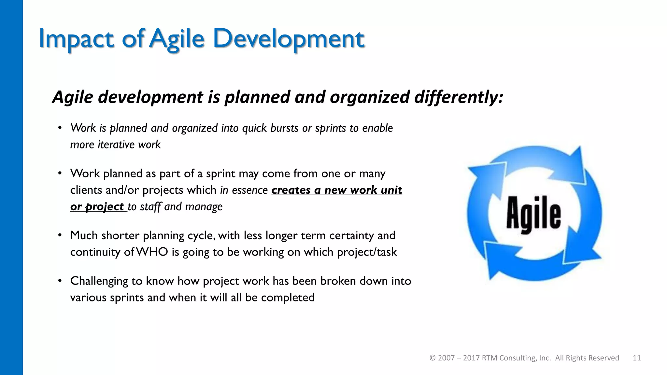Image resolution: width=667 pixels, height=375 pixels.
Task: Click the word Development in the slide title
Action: point(289,39)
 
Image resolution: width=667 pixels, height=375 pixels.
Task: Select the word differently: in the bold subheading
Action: point(459,97)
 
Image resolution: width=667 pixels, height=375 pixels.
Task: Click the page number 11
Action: point(637,358)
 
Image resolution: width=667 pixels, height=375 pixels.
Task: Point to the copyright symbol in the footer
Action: point(433,358)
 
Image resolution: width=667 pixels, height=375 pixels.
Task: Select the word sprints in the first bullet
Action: point(330,128)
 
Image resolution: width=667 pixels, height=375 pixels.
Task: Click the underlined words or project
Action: point(97,207)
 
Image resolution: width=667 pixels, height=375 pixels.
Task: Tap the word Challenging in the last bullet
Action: point(99,281)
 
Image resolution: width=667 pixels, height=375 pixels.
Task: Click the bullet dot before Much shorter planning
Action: point(60,235)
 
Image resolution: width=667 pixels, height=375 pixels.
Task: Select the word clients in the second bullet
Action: point(86,190)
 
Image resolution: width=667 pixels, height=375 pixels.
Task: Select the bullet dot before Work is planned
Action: point(60,128)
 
